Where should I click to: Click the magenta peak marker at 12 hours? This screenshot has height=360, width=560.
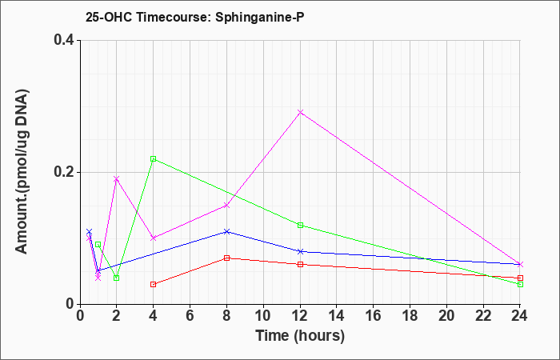point(300,112)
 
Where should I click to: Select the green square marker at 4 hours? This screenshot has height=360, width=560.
point(154,159)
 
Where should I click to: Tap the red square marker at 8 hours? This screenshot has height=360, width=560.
point(226,258)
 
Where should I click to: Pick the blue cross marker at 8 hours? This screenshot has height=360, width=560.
point(226,231)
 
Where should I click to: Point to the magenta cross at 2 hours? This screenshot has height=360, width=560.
point(116,178)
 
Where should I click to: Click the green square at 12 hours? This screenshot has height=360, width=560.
point(300,225)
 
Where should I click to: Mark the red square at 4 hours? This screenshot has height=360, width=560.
point(154,284)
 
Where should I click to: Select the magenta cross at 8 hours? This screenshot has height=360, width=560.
point(226,205)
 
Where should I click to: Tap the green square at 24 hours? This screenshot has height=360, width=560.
point(520,284)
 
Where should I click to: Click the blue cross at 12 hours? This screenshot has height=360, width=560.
point(300,251)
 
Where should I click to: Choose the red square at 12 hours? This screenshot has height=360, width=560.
point(300,264)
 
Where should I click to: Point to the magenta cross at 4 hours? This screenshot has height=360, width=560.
point(154,238)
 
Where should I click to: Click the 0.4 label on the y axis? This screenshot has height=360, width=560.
point(64,40)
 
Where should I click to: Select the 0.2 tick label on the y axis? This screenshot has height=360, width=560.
point(64,172)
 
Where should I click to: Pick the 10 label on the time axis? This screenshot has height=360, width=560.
point(263,316)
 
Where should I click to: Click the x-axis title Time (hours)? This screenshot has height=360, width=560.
point(300,336)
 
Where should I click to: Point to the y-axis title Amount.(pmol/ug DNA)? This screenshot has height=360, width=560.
point(22,172)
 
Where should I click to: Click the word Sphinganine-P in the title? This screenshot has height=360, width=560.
point(260,17)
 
